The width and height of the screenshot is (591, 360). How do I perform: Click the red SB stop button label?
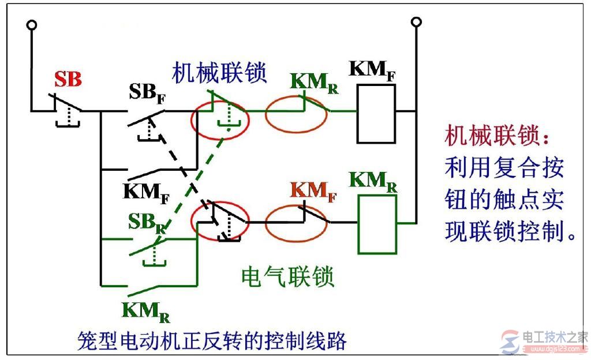coord(68,79)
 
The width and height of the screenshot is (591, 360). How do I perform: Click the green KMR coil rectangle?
coord(377,223)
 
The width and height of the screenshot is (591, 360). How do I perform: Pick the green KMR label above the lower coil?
coord(373,181)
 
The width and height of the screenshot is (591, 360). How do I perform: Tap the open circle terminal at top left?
coord(32,25)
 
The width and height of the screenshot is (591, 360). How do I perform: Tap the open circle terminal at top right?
coord(416,22)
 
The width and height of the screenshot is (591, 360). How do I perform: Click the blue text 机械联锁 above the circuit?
coord(219,72)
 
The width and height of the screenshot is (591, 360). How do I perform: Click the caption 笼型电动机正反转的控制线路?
coord(212,340)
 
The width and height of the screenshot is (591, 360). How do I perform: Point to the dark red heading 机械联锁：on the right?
coord(499,137)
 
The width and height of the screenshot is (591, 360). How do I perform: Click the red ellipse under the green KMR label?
coord(296,114)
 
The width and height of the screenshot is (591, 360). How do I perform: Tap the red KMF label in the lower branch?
coord(313,191)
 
